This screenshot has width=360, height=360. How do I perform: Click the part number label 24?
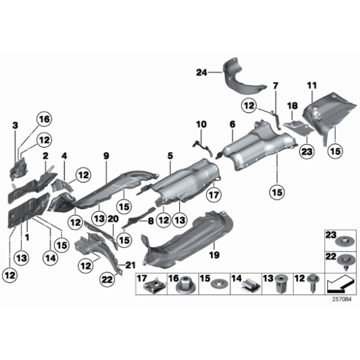click(200, 72)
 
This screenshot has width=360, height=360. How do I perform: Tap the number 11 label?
click(312, 84)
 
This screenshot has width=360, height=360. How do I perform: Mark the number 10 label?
click(200, 125)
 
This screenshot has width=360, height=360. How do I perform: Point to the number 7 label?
click(276, 85)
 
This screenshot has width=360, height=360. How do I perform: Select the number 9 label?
click(106, 156)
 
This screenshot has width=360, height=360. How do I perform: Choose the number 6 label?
click(232, 125)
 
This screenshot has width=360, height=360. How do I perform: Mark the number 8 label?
click(150, 220)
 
